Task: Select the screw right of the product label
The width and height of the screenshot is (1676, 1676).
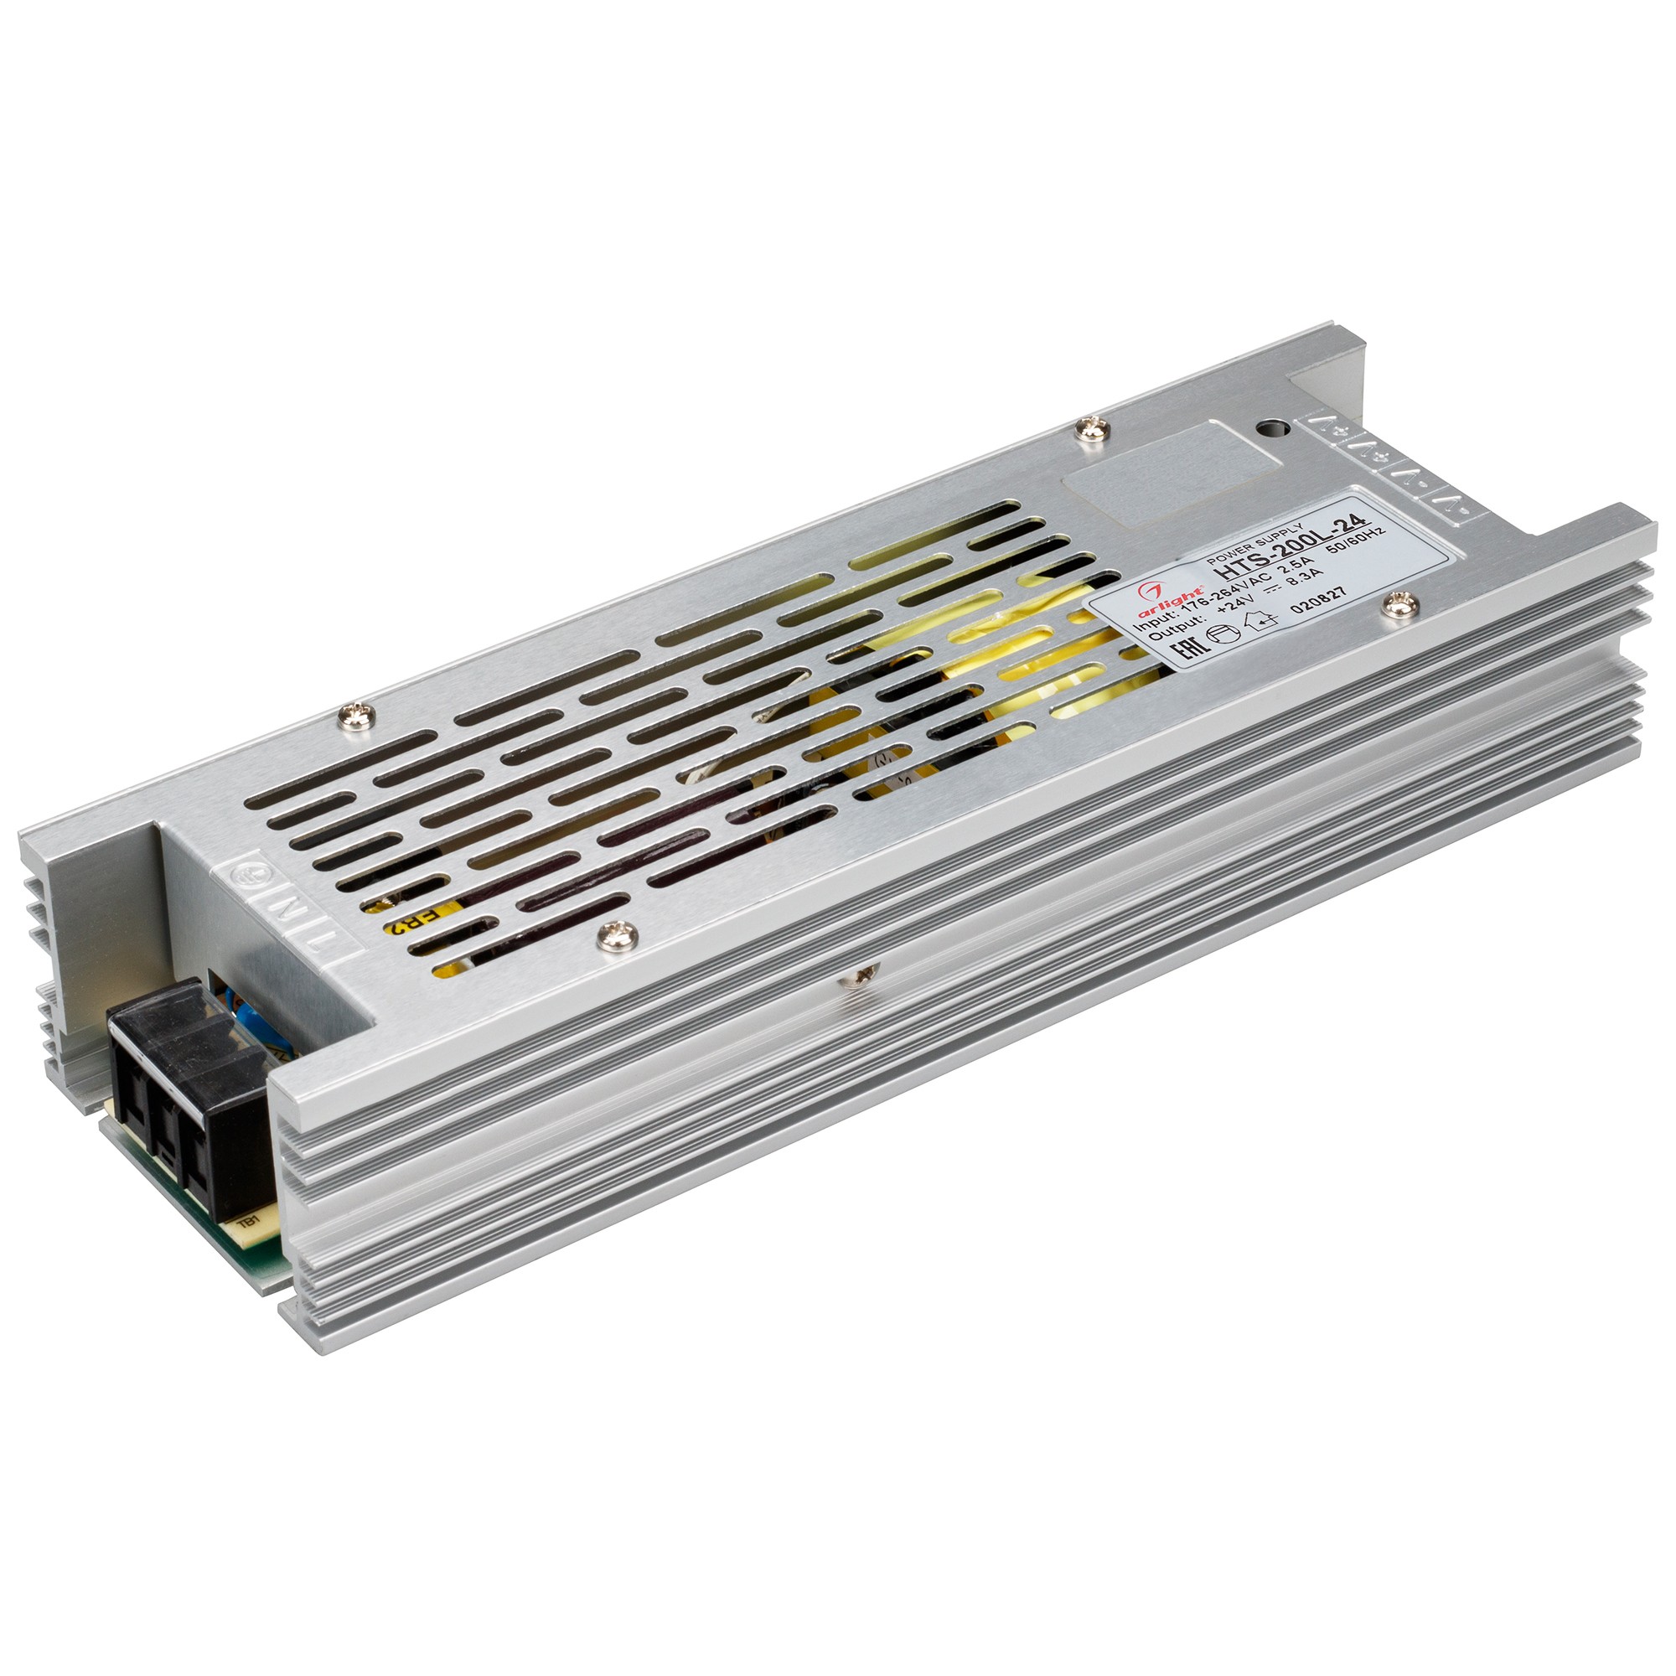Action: pyautogui.click(x=1396, y=605)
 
